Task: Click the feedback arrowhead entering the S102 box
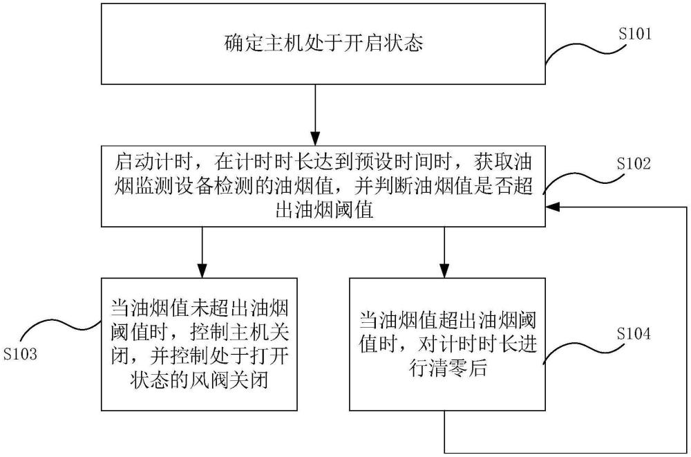[553, 206]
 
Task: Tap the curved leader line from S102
[580, 181]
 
